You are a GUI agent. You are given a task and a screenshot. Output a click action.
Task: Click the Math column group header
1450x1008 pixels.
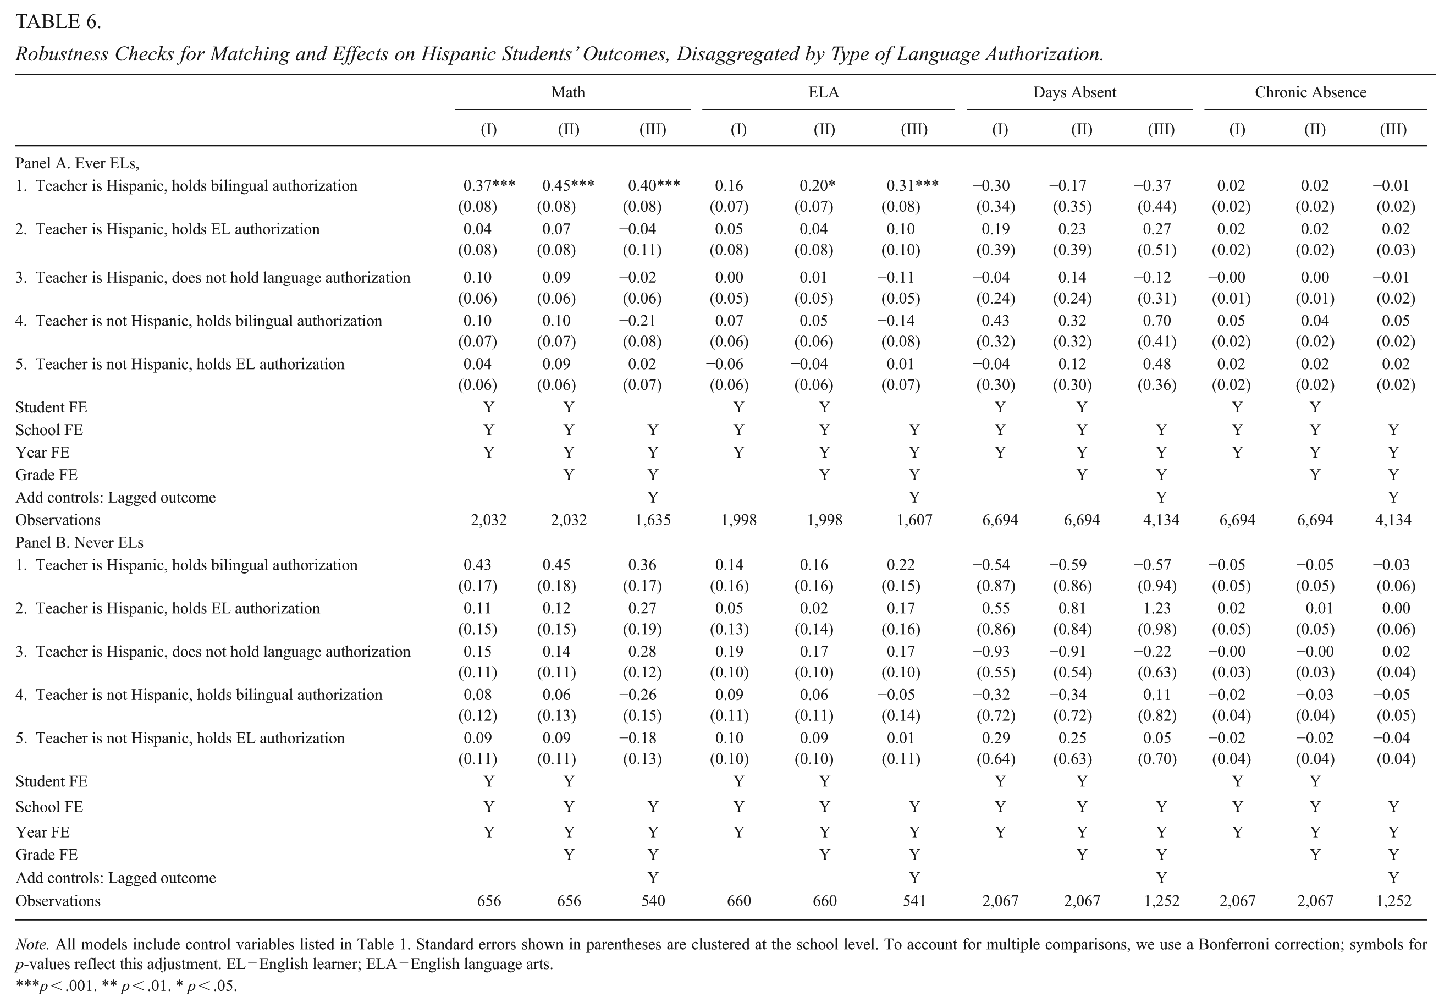point(568,92)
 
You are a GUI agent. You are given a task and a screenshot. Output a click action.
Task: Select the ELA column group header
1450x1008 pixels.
point(824,92)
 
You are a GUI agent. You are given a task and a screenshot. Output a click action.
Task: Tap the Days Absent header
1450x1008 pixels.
point(1074,92)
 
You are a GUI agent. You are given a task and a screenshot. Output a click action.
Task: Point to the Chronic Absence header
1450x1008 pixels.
point(1310,92)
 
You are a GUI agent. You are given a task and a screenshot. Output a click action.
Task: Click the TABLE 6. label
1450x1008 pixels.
point(58,22)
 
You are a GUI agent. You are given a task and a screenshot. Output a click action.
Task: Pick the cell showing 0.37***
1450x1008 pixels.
point(489,186)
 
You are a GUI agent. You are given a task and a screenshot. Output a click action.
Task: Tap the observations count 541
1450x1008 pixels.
point(914,901)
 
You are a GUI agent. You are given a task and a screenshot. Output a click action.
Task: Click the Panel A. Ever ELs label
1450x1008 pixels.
point(77,163)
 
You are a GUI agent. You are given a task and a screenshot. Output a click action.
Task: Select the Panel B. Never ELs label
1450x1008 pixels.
point(79,543)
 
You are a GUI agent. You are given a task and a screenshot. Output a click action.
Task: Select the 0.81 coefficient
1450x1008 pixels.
point(1072,608)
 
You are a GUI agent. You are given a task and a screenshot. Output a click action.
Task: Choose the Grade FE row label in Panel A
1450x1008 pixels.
point(46,475)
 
